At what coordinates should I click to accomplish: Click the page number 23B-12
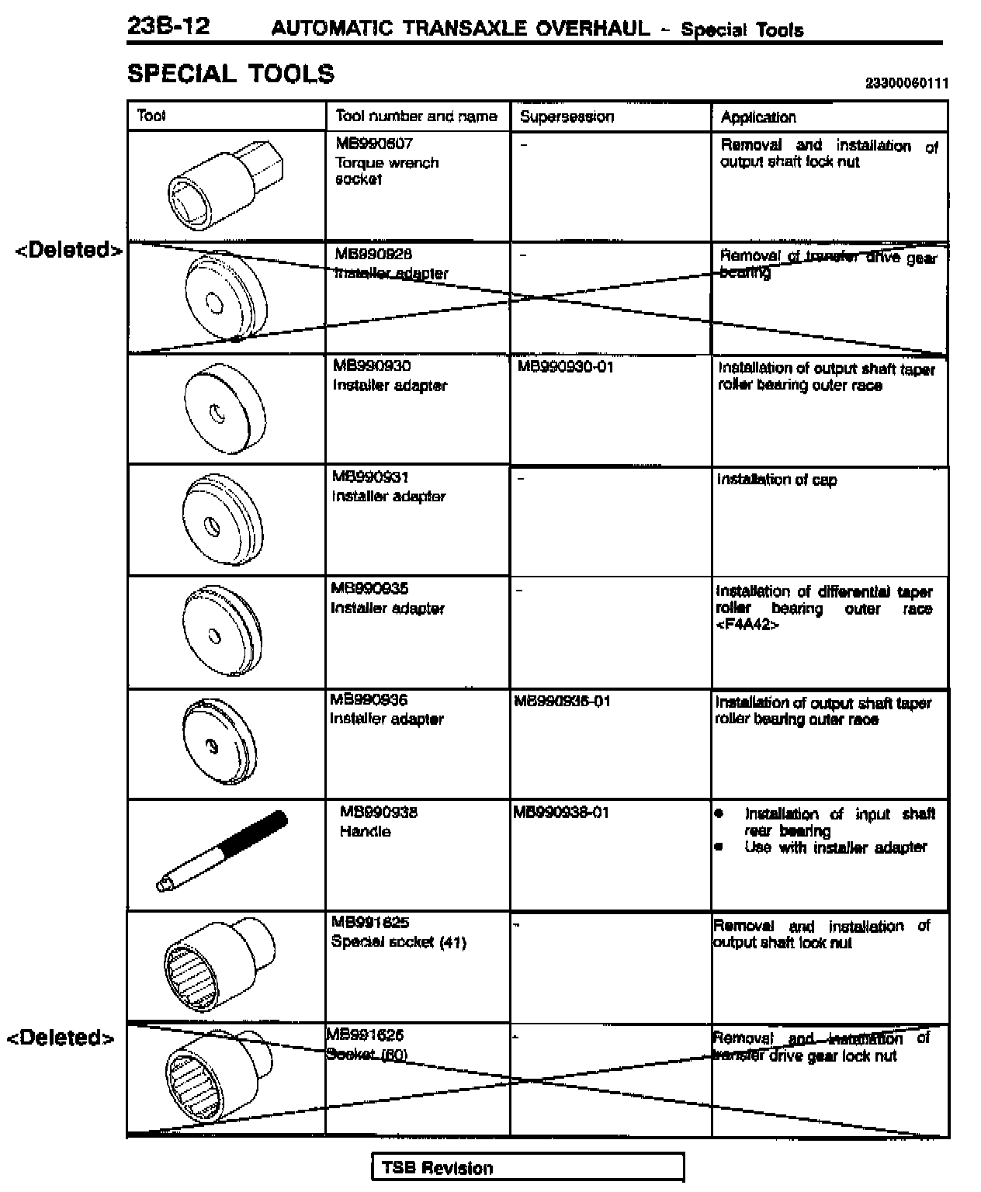(168, 27)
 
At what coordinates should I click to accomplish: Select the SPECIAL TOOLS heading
(231, 74)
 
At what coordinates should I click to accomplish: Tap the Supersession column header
(567, 117)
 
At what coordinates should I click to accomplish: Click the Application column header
(758, 117)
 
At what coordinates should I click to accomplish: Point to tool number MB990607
(374, 144)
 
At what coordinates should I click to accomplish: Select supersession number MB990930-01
(566, 366)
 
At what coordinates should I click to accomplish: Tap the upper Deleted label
(69, 250)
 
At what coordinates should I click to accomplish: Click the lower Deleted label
(61, 1038)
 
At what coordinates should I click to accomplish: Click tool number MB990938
(379, 813)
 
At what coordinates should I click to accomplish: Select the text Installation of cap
(777, 480)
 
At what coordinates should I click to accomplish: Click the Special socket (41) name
(398, 942)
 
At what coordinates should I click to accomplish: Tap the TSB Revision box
(528, 1168)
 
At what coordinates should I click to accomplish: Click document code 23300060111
(906, 84)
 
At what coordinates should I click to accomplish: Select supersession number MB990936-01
(563, 702)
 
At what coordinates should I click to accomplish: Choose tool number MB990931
(370, 477)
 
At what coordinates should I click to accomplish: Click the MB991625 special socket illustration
(218, 965)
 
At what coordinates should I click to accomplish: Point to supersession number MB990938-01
(561, 813)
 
